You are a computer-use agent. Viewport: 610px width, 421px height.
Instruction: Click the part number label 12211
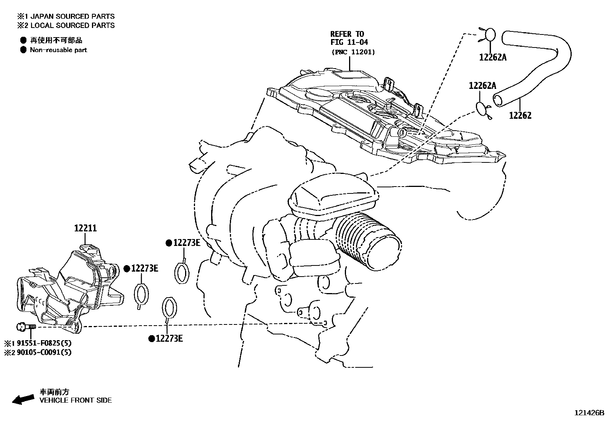[x=85, y=228]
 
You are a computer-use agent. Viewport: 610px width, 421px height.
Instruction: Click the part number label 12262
[x=520, y=115]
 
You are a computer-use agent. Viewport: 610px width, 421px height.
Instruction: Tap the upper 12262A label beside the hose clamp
[x=492, y=57]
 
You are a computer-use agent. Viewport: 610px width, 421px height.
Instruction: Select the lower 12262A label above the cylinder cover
[x=482, y=86]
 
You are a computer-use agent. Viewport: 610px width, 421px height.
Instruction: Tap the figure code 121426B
[x=589, y=413]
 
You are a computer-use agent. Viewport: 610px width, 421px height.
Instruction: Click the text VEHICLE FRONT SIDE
[x=75, y=400]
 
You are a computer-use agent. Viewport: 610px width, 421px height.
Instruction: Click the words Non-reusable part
[x=58, y=50]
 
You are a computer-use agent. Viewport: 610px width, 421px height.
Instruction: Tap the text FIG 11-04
[x=349, y=42]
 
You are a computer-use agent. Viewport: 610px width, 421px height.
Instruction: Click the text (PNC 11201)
[x=353, y=52]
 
